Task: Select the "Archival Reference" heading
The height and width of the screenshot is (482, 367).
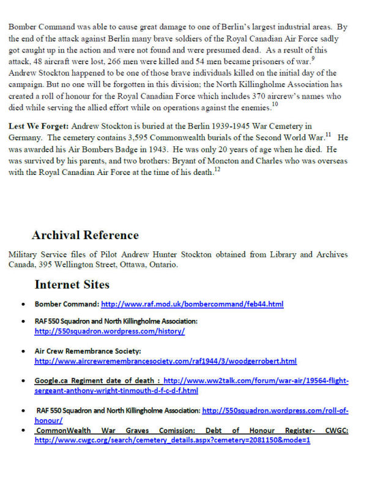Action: click(x=85, y=235)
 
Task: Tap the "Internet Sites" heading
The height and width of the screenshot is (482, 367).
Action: click(x=72, y=284)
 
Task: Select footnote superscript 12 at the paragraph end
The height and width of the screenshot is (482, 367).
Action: click(x=217, y=169)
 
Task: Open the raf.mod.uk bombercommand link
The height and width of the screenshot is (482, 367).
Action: click(x=192, y=304)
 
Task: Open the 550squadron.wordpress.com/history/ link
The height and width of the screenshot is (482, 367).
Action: click(x=109, y=331)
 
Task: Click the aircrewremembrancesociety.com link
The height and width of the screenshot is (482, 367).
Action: click(x=165, y=361)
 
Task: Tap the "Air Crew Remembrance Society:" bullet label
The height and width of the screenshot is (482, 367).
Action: click(x=88, y=351)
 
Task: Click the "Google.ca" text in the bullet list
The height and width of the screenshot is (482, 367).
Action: click(x=51, y=380)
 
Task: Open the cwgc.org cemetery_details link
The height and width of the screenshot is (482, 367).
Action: click(x=172, y=440)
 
